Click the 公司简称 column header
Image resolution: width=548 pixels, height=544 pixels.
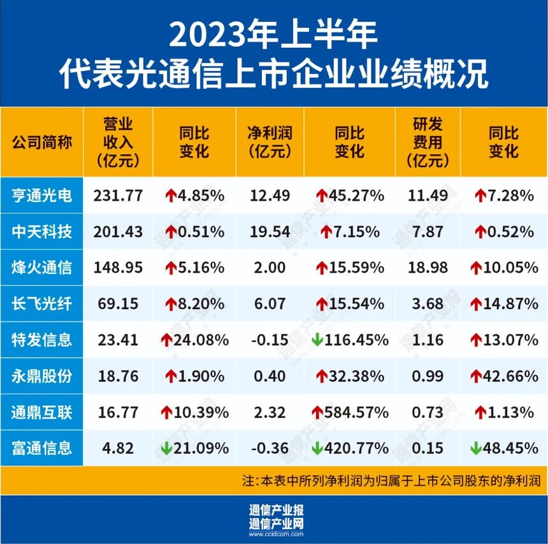click(42, 141)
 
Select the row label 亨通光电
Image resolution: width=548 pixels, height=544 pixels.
click(42, 196)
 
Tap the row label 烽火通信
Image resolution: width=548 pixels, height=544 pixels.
click(42, 268)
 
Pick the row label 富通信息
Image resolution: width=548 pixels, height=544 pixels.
click(42, 448)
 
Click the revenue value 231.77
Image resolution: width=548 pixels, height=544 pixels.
click(118, 196)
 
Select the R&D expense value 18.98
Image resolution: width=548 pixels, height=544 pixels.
click(427, 268)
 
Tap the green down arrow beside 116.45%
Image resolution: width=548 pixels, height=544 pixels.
click(317, 340)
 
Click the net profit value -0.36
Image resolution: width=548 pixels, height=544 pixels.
click(268, 448)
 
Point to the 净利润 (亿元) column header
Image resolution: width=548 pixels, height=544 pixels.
click(268, 141)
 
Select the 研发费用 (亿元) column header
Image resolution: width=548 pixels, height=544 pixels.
click(427, 141)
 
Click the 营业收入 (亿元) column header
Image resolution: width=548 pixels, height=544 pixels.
click(118, 141)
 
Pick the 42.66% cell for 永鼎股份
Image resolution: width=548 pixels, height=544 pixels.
click(503, 376)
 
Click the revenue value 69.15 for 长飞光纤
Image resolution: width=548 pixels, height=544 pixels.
click(118, 304)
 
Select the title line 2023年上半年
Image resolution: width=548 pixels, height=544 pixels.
click(274, 35)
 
